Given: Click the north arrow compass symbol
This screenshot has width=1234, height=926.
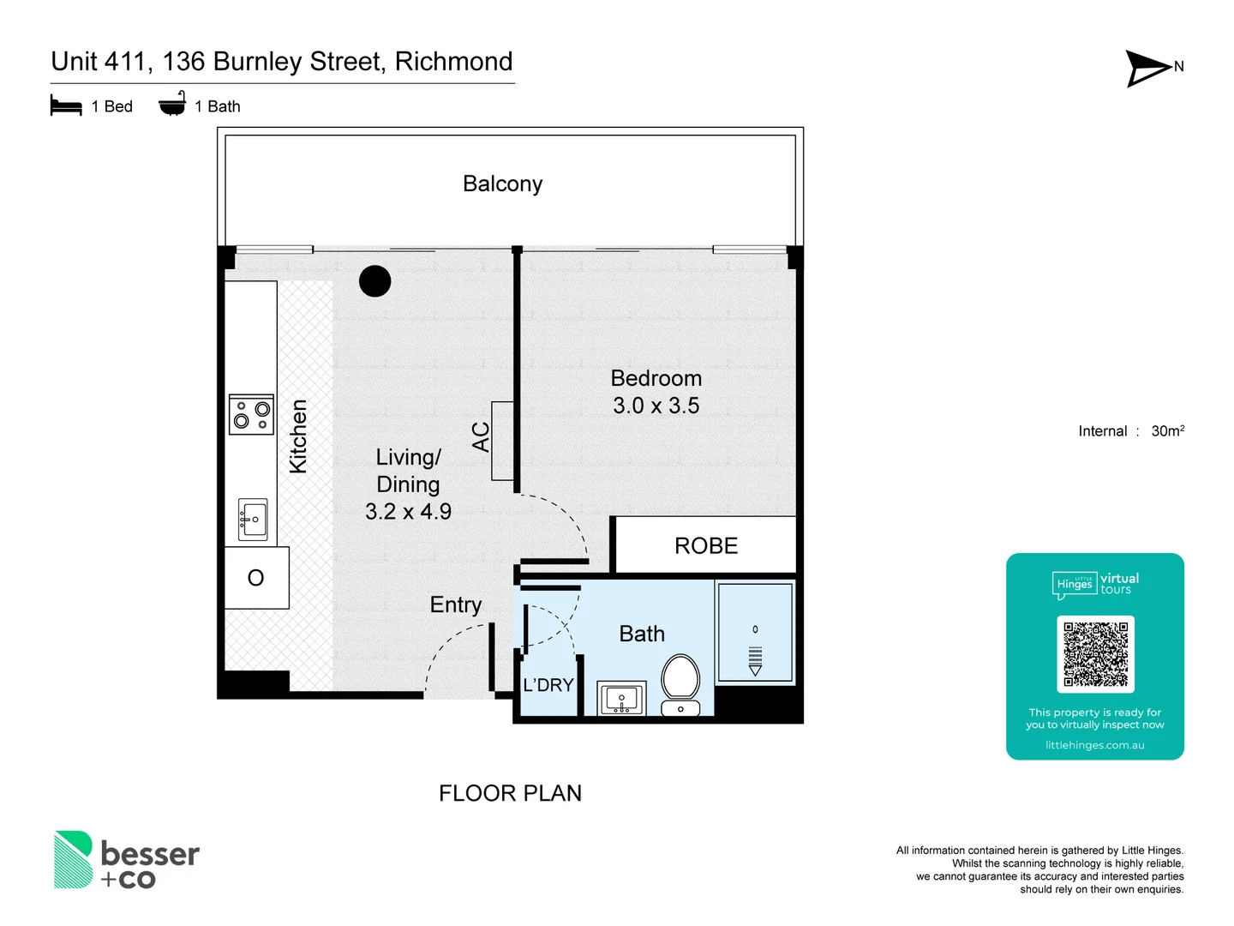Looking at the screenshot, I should click(x=1148, y=68).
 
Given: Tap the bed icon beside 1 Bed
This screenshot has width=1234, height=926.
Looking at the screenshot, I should click(x=66, y=106).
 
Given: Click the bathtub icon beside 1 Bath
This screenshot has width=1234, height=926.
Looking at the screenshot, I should click(x=172, y=104).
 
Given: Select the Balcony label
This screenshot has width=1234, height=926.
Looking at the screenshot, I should click(x=502, y=184).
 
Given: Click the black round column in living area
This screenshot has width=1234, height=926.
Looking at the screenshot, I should click(x=374, y=281).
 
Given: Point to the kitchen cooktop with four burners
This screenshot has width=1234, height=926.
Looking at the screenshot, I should click(x=251, y=415).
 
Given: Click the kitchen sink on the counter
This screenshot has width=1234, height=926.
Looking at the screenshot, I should click(x=253, y=520).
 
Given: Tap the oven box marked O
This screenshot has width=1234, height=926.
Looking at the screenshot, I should click(x=256, y=578).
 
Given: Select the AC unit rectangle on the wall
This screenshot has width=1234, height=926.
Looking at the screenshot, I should click(x=502, y=441).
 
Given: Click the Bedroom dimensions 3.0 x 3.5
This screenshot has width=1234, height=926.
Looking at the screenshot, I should click(x=656, y=406).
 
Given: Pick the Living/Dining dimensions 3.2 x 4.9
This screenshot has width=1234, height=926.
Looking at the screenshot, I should click(x=408, y=512).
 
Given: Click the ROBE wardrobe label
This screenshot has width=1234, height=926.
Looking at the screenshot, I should click(x=706, y=546).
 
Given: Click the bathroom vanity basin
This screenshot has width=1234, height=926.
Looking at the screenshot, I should click(x=621, y=699).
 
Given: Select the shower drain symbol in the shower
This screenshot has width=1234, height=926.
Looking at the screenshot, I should click(x=755, y=658).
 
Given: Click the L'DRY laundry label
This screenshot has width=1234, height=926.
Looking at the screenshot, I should click(x=548, y=685).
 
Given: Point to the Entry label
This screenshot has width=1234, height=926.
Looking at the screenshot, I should click(x=456, y=605).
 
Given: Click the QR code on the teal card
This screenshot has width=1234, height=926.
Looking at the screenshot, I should click(x=1095, y=653).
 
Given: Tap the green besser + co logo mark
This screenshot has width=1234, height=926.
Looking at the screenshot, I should click(x=74, y=859).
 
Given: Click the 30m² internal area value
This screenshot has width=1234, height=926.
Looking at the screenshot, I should click(x=1167, y=431).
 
